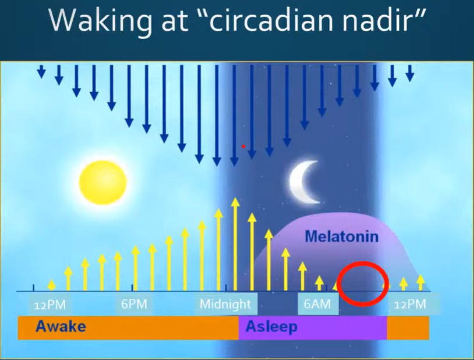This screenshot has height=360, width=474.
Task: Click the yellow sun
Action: [x=103, y=182]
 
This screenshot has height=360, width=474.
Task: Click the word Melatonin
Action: [x=342, y=237]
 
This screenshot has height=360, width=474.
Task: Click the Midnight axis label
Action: [x=225, y=304]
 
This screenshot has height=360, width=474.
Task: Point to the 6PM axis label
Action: [x=134, y=304]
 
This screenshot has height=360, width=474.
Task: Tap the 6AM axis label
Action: [x=317, y=304]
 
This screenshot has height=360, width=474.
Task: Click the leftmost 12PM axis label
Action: [x=50, y=305]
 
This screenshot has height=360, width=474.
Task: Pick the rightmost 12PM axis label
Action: [x=410, y=304]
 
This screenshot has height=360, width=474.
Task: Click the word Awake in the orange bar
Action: [x=61, y=326]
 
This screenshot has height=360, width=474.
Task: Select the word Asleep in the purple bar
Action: [x=271, y=327]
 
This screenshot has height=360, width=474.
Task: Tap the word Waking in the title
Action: [x=100, y=21]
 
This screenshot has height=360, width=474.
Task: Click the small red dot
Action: [x=243, y=147]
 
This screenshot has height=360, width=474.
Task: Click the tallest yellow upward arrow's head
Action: [x=235, y=202]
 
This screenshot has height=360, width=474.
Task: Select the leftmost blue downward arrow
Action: [x=41, y=72]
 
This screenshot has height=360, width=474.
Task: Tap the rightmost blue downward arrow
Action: [x=410, y=73]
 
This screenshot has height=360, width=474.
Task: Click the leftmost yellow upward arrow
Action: [x=52, y=285]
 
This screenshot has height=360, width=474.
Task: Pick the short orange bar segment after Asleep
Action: [x=408, y=328]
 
